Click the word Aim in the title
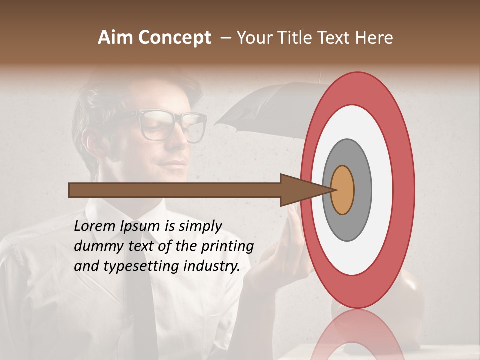point(116,38)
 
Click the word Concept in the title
point(175,38)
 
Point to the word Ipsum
point(141,227)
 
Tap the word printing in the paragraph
point(227,247)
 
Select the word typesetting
point(134,267)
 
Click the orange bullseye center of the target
point(342,190)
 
